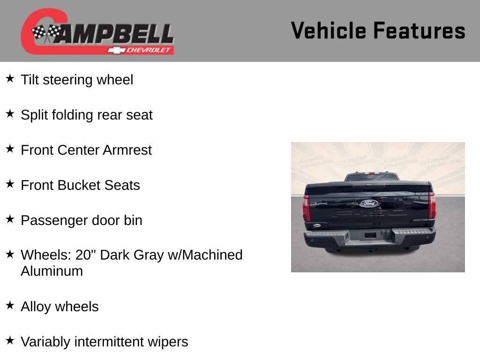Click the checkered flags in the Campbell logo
(46, 33)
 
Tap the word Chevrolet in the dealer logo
(150, 50)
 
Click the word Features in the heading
(419, 31)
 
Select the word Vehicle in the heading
(329, 31)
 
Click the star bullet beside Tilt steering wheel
(10, 78)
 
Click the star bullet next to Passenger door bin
(10, 219)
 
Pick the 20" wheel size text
(87, 255)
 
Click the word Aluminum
(52, 271)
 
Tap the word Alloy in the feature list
(36, 307)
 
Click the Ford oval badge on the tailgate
(369, 203)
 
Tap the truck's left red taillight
(307, 208)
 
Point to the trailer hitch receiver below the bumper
(371, 250)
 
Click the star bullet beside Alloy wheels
(10, 305)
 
